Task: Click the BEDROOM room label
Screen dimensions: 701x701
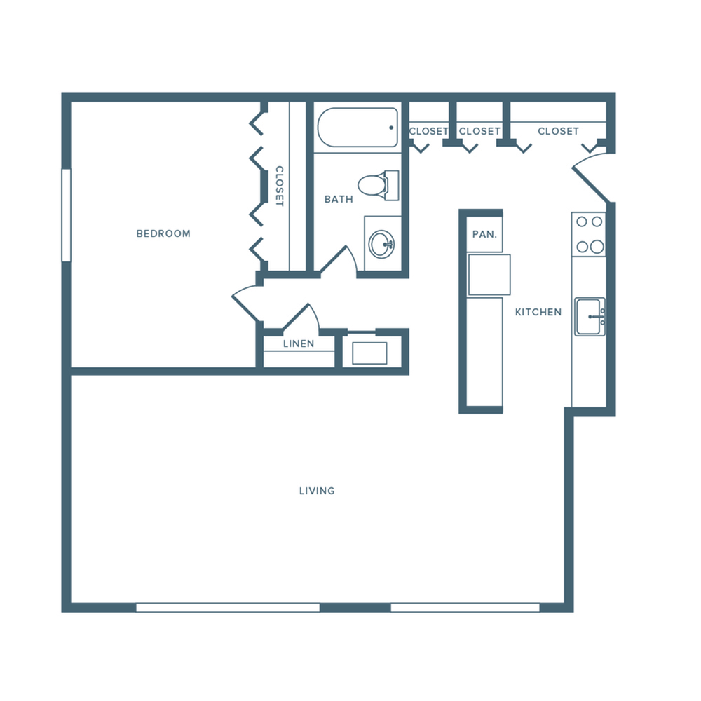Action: [x=163, y=233]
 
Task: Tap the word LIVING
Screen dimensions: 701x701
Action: [x=317, y=491]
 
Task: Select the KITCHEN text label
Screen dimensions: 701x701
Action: [x=538, y=312]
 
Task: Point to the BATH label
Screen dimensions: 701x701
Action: [x=339, y=200]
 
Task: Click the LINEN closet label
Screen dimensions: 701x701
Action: [x=299, y=344]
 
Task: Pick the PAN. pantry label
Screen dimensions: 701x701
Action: [x=484, y=234]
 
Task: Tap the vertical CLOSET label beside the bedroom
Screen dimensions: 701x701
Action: [x=279, y=186]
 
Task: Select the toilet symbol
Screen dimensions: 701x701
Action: [x=377, y=185]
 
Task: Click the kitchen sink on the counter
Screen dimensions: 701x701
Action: [x=590, y=317]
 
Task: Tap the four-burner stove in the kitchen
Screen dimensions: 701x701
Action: [x=589, y=234]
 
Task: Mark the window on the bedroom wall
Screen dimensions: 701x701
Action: [x=67, y=215]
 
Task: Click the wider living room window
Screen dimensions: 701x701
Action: [x=228, y=607]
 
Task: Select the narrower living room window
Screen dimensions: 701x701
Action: [x=465, y=607]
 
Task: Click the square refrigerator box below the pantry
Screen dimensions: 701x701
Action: [x=489, y=275]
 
